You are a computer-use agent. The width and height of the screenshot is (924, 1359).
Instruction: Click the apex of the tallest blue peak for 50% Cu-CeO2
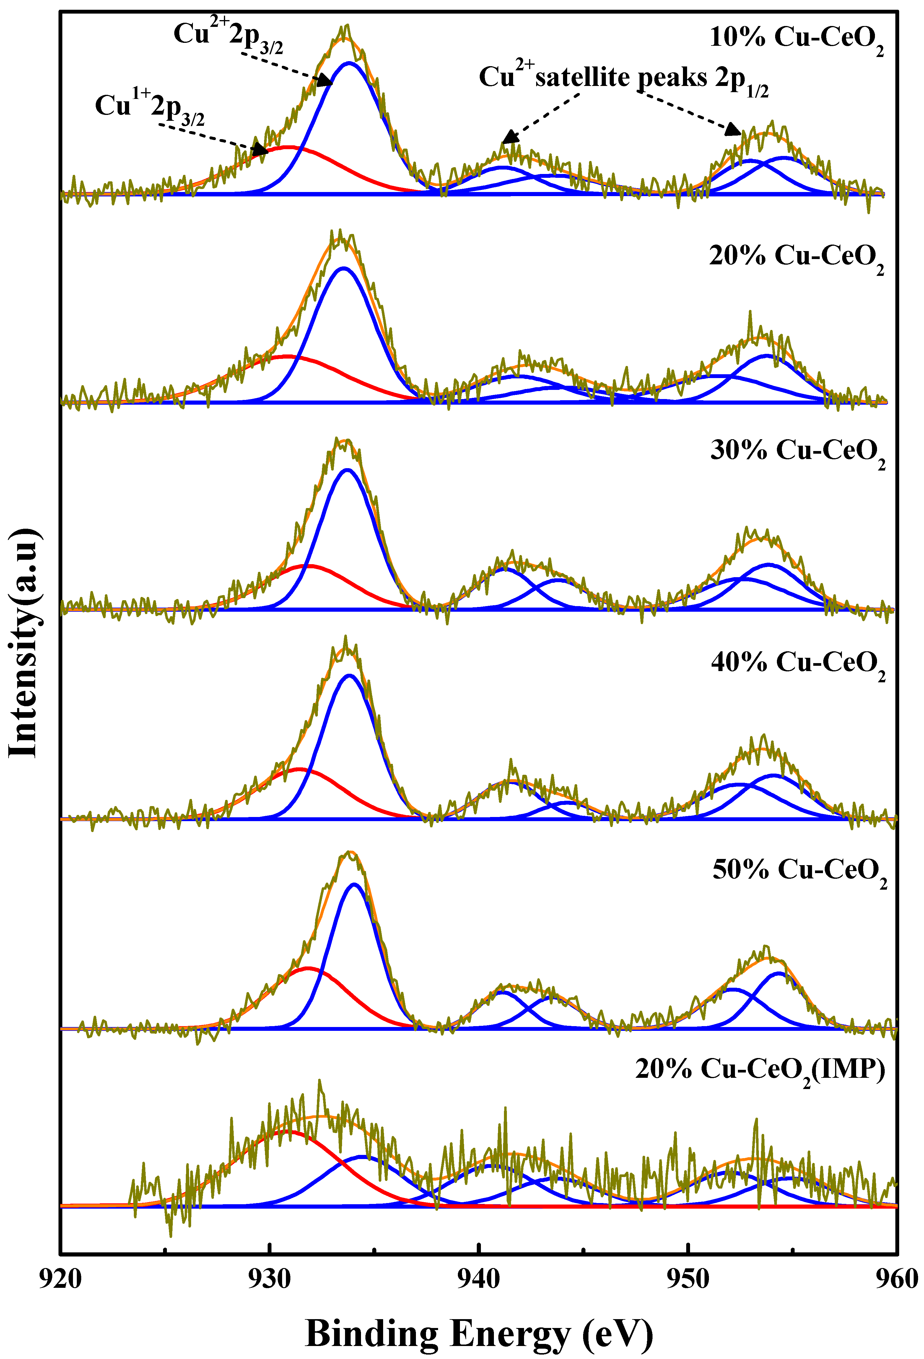tap(354, 884)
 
